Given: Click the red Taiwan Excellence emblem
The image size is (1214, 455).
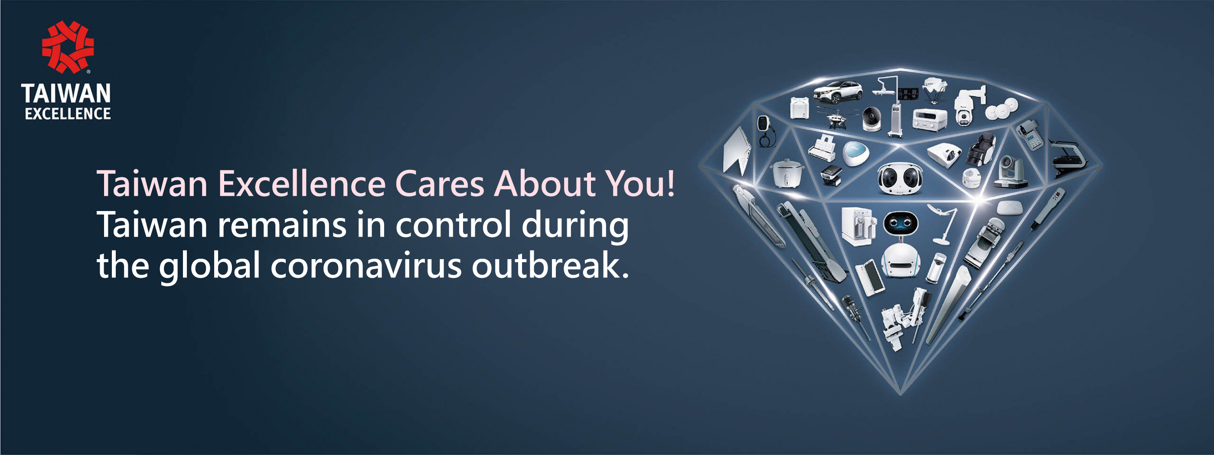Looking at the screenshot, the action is [68, 47].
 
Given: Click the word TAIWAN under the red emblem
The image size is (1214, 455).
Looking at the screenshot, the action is [66, 94].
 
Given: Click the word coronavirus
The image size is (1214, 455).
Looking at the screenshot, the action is [366, 266].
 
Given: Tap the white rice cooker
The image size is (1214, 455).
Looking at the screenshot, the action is [787, 173].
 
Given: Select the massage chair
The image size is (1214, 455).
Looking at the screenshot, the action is [981, 149].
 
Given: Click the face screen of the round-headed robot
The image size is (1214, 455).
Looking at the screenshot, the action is [901, 223].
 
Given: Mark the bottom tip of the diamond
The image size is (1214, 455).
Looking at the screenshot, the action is [901, 395].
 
